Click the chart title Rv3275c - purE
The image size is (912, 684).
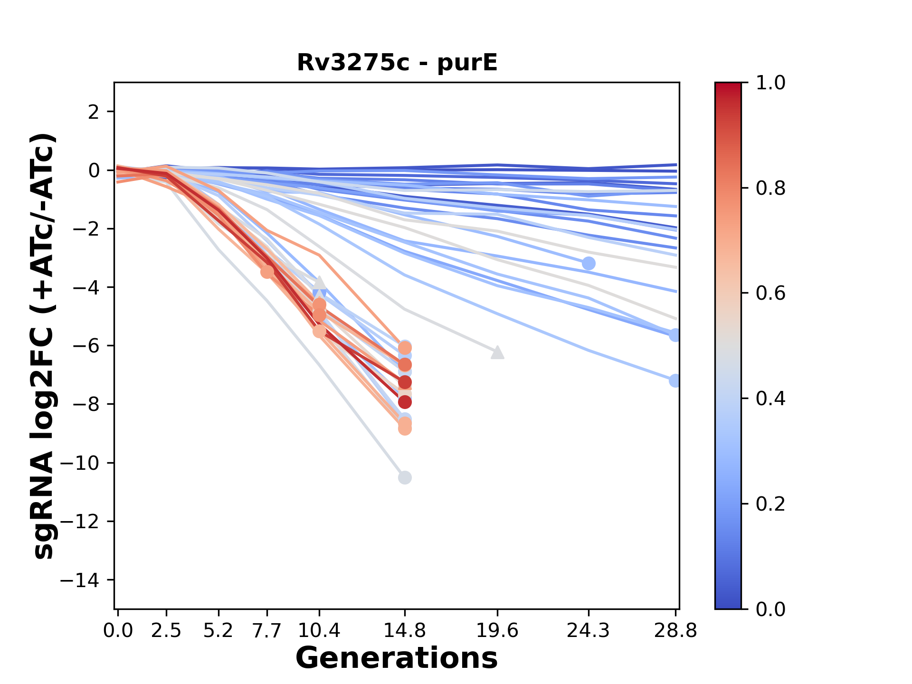click(x=397, y=63)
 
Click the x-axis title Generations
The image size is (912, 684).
click(x=397, y=658)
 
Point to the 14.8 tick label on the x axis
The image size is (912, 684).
click(x=404, y=631)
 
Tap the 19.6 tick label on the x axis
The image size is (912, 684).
click(x=497, y=631)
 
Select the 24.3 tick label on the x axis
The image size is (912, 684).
click(x=589, y=631)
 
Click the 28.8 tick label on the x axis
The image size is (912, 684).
click(x=675, y=631)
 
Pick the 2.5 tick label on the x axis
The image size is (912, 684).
click(x=166, y=631)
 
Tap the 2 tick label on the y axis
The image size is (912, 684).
click(x=94, y=112)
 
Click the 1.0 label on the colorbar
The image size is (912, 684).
click(x=770, y=83)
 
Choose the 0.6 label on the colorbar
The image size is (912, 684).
click(x=770, y=294)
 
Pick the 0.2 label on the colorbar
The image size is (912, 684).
click(x=770, y=504)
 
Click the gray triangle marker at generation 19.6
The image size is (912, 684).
click(x=497, y=352)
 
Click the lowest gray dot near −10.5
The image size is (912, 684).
click(x=405, y=477)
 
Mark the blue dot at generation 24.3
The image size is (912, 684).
click(x=589, y=263)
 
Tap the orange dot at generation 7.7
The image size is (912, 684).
click(x=267, y=272)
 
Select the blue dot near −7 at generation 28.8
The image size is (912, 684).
click(x=674, y=380)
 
